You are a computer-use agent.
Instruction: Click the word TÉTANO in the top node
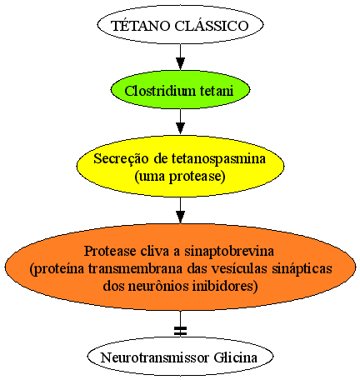[x=141, y=26]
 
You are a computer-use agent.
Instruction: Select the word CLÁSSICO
[x=212, y=26]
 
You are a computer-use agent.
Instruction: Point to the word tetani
[x=217, y=91]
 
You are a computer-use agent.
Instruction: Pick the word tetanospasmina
[x=218, y=159]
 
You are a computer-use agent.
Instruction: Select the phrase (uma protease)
[x=180, y=177]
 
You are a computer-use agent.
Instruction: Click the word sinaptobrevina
[x=229, y=252]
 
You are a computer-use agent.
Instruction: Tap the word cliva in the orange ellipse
[x=155, y=251]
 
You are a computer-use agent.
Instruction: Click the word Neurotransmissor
[x=154, y=357]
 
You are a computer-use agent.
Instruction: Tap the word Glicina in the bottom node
[x=235, y=357]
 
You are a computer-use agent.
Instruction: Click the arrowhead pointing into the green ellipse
[x=181, y=63]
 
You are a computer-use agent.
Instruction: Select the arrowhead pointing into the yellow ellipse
[x=181, y=128]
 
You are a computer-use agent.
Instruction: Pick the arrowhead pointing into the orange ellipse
[x=181, y=217]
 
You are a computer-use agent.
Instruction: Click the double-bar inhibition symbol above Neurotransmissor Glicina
[x=181, y=331]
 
